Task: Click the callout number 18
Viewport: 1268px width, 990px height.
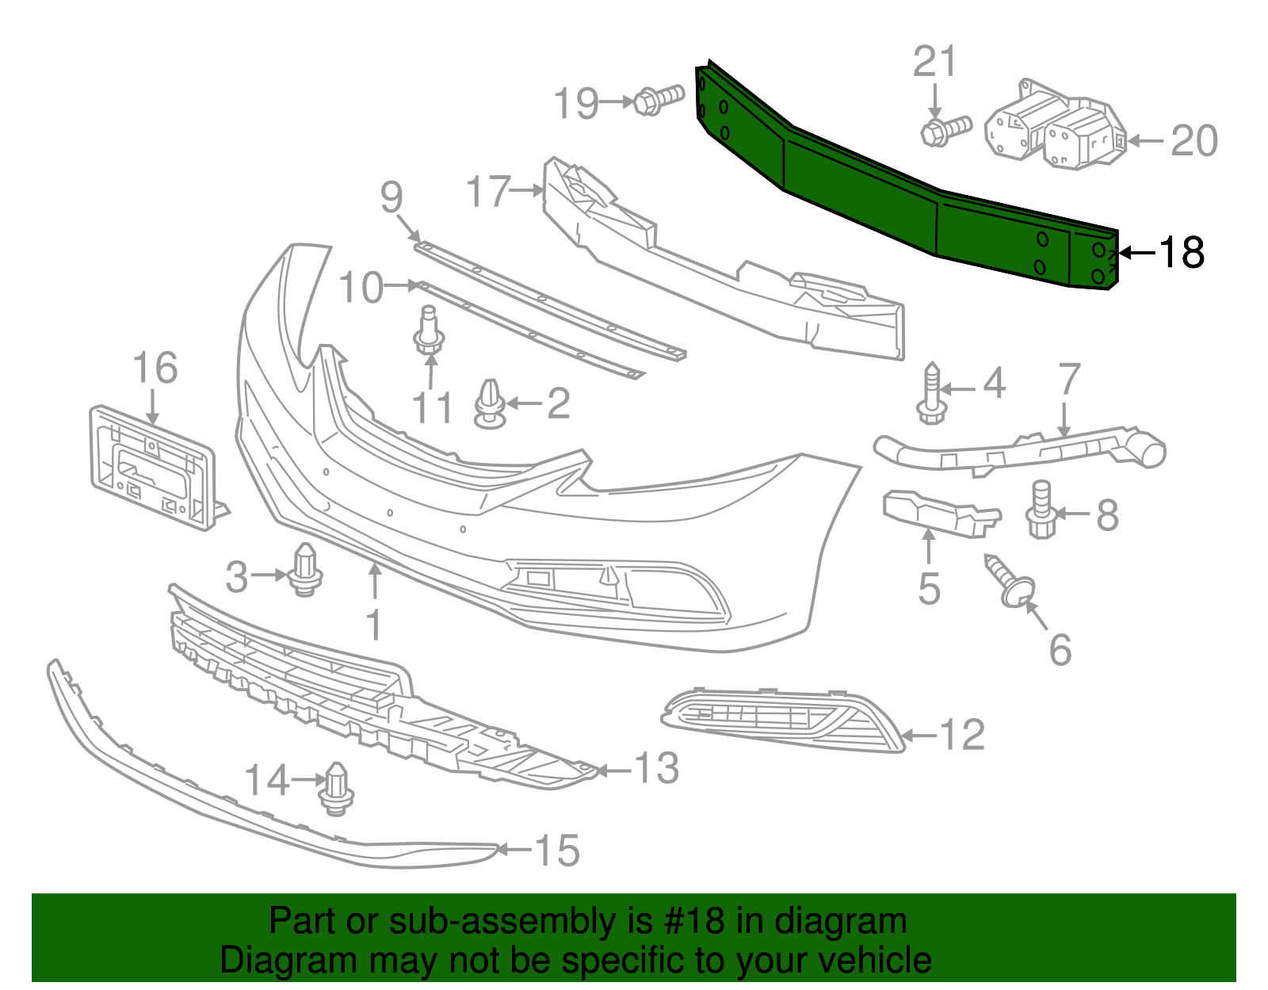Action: pos(1182,253)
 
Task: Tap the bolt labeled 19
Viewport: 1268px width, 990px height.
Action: pos(657,101)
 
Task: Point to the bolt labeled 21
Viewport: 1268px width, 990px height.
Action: pos(945,130)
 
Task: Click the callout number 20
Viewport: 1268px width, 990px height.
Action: pos(1194,141)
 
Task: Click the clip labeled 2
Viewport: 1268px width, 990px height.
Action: pos(491,403)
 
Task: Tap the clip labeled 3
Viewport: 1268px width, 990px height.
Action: pos(305,571)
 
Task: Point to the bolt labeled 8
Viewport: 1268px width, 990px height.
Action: pos(1041,511)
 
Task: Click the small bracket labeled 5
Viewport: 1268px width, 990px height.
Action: pos(939,512)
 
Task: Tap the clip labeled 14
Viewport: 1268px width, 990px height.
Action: pos(337,789)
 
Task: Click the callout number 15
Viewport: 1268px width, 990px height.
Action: pos(558,850)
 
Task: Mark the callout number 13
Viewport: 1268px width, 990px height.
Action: pos(657,768)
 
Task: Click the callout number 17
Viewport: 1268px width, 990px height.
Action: pos(488,191)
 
